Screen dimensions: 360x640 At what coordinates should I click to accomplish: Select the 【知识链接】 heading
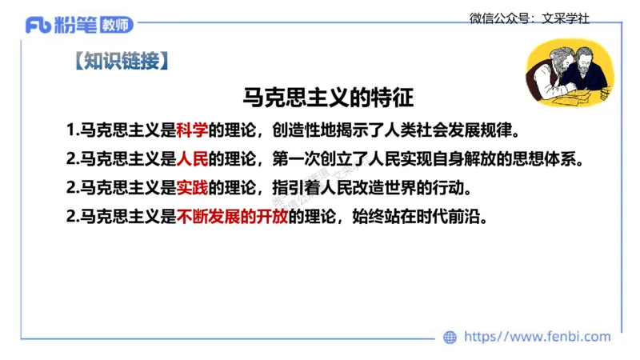coord(119,62)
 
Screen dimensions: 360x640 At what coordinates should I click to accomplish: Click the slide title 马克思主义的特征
coord(328,98)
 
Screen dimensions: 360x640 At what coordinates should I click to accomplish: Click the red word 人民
coord(192,158)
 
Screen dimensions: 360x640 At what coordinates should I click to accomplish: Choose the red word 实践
coord(192,188)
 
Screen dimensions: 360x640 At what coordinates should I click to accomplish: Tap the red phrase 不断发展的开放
coord(232,217)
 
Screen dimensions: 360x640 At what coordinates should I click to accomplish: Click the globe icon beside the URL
coord(450,338)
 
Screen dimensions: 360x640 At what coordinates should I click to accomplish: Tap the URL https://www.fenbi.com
coord(537,338)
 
